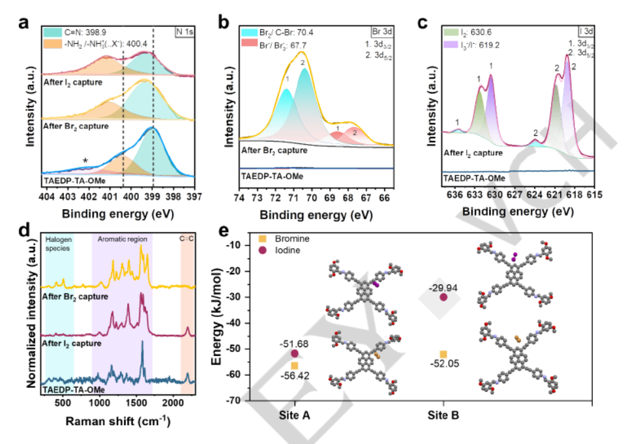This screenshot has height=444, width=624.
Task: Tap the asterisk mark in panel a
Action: [x=85, y=160]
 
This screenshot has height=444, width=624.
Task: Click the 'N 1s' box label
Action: [x=188, y=31]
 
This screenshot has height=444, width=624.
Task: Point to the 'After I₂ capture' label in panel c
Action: [x=473, y=153]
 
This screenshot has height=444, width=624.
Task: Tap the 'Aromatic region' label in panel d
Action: [x=122, y=239]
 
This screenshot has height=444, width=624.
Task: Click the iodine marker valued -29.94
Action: [x=444, y=297]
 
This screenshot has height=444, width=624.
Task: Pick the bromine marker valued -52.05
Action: [x=443, y=354]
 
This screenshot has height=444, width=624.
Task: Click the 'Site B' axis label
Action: [x=443, y=415]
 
